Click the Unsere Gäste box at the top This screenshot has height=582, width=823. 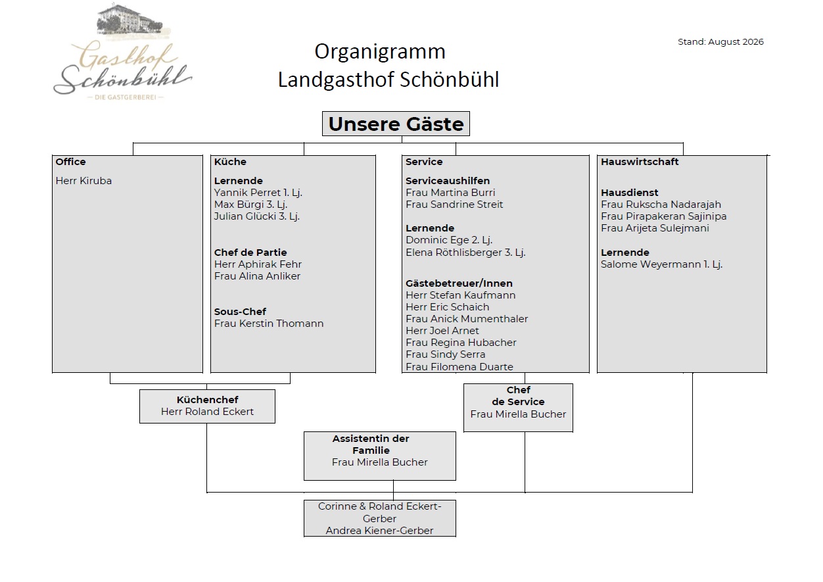396,124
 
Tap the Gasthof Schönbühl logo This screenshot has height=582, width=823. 123,52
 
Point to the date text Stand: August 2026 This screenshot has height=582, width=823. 720,42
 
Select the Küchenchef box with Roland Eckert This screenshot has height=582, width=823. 207,406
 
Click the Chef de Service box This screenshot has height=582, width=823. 518,408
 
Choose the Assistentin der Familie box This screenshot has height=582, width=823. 380,456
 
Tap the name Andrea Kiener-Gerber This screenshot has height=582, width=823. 379,531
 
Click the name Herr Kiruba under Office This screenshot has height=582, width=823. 83,181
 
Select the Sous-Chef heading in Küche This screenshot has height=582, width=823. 240,312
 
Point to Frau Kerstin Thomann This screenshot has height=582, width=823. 269,324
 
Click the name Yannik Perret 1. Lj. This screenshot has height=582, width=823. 258,193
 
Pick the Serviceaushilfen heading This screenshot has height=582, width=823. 448,181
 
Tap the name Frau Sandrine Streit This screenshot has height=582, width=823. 454,205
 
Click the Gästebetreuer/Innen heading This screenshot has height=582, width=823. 459,283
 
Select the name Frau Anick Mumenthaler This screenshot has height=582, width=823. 467,319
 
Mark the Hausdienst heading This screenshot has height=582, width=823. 629,193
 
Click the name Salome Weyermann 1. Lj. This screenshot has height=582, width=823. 662,264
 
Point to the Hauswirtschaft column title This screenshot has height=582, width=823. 640,162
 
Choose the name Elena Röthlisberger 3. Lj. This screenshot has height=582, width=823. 465,253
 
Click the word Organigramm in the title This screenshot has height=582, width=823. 380,51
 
